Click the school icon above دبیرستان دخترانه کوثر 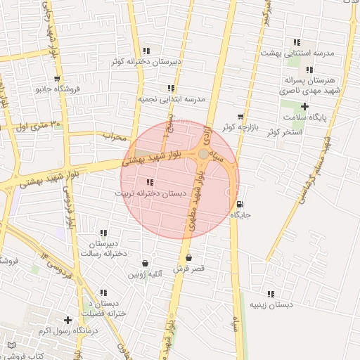[x=146, y=51]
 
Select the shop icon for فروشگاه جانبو [x=57, y=79]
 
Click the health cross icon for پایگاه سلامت [x=304, y=105]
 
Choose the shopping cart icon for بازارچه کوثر [x=241, y=117]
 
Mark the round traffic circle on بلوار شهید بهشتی [x=203, y=153]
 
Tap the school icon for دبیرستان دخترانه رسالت [x=104, y=233]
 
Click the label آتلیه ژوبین [x=146, y=273]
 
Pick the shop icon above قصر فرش [x=188, y=258]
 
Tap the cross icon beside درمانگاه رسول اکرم [x=68, y=320]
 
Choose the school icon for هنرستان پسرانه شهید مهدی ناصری [x=309, y=70]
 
